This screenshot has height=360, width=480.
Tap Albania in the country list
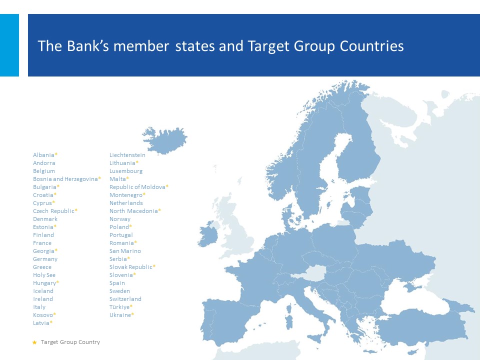(x=43, y=155)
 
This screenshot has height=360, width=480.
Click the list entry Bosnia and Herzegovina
(x=65, y=179)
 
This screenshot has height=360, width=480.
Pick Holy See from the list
(x=44, y=275)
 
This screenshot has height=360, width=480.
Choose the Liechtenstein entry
(x=127, y=155)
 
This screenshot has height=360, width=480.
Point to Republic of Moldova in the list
(x=137, y=186)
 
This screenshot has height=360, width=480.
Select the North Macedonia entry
(x=133, y=211)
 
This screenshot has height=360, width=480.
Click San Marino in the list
(x=125, y=250)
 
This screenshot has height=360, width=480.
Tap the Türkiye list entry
(x=119, y=306)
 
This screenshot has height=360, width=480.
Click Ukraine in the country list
(x=120, y=314)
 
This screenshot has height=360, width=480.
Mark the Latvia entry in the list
(x=41, y=322)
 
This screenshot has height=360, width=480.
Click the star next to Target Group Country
(x=34, y=342)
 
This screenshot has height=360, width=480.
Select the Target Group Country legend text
(x=70, y=342)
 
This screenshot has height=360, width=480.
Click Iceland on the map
(x=165, y=140)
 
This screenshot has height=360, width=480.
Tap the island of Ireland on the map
(x=208, y=234)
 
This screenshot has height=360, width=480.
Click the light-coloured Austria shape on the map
(x=309, y=273)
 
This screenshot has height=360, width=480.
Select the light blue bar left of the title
(x=9, y=45)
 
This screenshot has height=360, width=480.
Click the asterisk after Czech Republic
(x=76, y=210)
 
